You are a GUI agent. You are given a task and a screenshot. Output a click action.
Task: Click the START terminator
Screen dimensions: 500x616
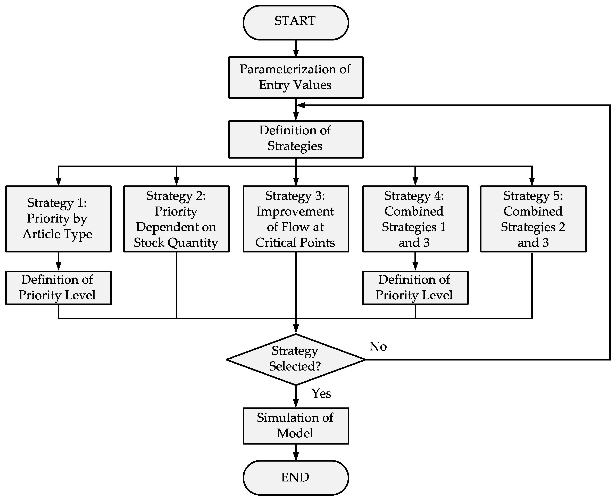pos(296,22)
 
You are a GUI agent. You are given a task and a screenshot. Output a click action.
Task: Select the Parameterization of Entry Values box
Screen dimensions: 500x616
pos(296,77)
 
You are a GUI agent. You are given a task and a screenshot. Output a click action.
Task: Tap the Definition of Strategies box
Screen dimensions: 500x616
pos(296,139)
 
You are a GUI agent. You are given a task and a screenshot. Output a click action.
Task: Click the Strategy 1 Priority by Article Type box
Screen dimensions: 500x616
pos(59,219)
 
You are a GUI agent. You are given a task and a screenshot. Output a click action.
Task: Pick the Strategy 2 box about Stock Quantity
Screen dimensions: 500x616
pos(177,219)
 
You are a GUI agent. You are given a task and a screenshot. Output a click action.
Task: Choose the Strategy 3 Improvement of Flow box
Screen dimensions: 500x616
pos(296,219)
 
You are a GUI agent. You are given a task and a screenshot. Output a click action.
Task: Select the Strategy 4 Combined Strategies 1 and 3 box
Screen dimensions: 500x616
pos(415,219)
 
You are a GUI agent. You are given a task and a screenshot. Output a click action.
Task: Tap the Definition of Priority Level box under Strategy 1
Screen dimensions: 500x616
pos(59,288)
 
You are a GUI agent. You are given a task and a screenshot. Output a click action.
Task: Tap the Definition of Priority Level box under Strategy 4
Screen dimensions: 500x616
pos(415,288)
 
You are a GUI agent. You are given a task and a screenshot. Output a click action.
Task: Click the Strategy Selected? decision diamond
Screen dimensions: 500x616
pos(296,359)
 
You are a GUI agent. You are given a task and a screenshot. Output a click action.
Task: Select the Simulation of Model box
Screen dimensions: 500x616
pos(296,426)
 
